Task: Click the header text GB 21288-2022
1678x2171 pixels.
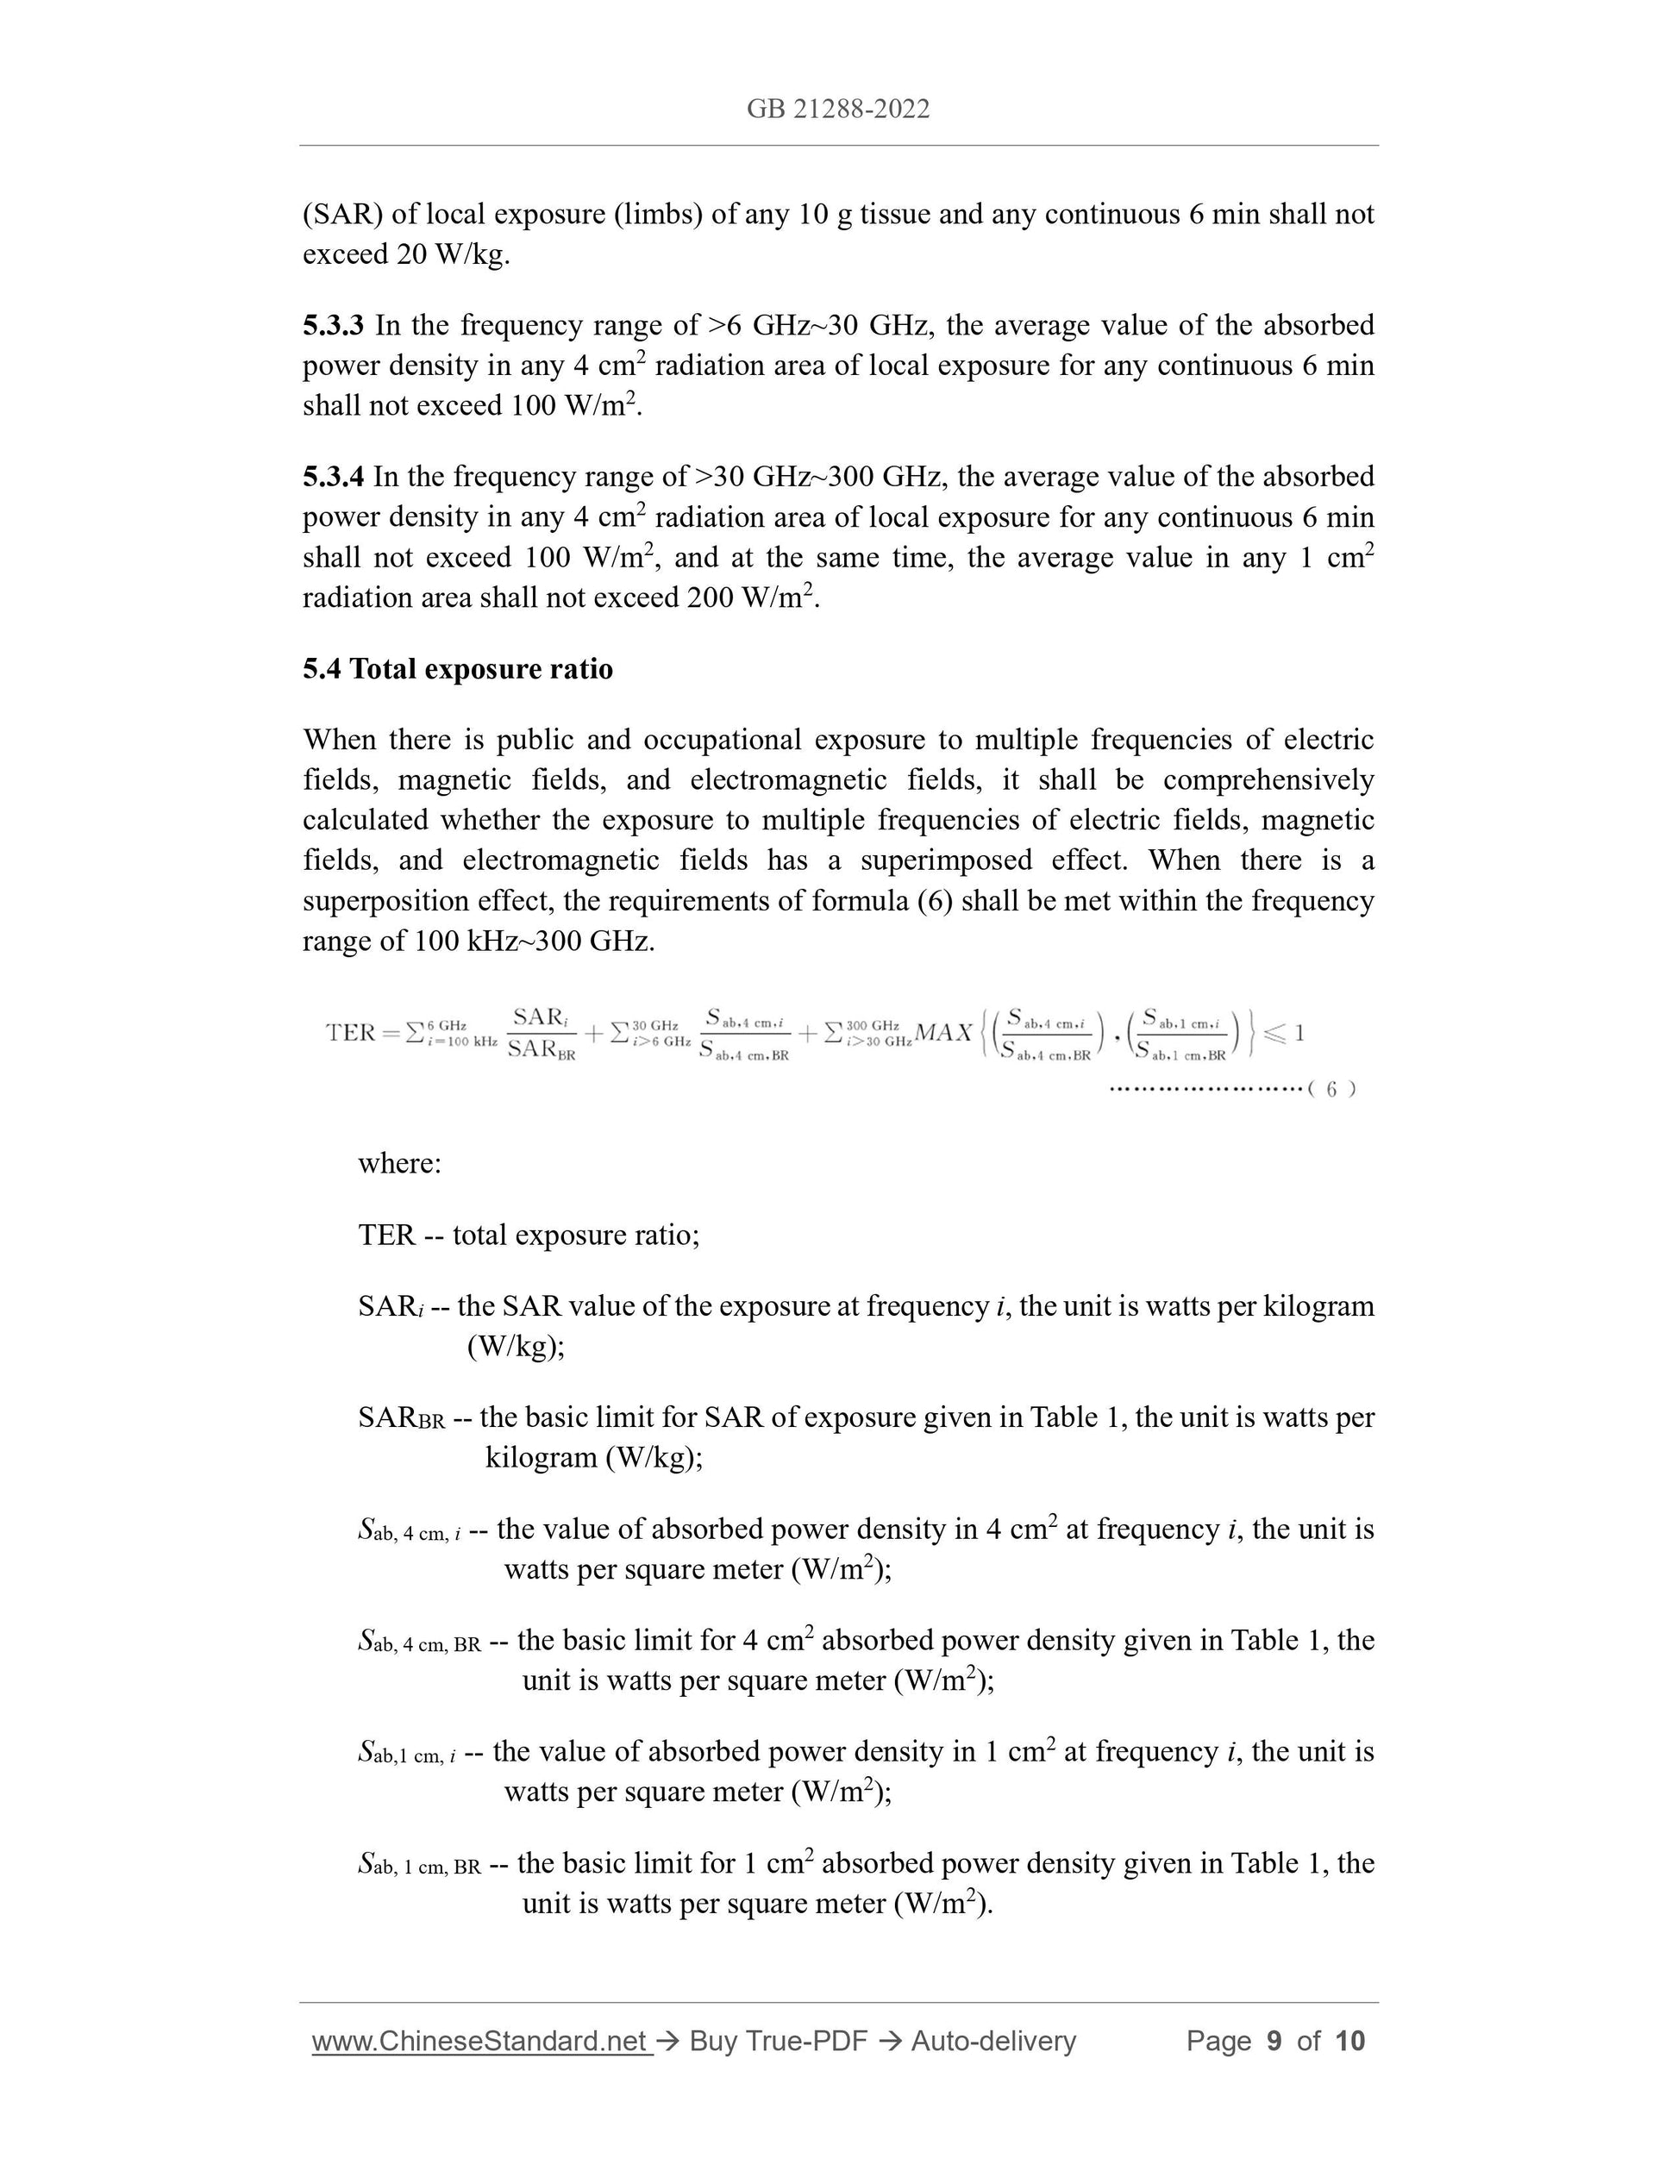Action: tap(838, 109)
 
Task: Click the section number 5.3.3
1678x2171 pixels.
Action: tap(333, 325)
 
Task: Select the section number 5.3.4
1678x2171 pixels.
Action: tap(333, 476)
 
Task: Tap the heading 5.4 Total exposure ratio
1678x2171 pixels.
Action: tap(457, 669)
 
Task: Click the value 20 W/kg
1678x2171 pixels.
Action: tap(453, 254)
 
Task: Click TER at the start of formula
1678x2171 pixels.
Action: tap(351, 1032)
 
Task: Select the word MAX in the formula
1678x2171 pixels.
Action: tap(942, 1033)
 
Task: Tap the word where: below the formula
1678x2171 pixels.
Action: tap(399, 1163)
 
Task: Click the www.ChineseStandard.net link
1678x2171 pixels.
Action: tap(480, 2042)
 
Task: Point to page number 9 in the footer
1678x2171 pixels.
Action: tap(1274, 2042)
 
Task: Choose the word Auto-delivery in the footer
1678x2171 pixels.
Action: tap(993, 2042)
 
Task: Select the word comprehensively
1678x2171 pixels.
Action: tap(1268, 779)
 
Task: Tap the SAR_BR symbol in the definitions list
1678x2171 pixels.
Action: tap(401, 1417)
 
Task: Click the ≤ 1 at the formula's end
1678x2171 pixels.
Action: tap(1286, 1033)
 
